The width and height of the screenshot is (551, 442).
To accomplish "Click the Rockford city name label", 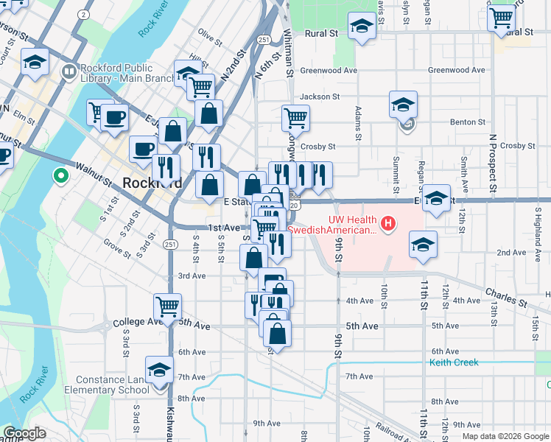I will (x=152, y=183).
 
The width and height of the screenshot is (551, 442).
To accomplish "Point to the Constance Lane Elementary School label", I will (x=106, y=385).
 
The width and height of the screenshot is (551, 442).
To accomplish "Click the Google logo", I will (x=25, y=433).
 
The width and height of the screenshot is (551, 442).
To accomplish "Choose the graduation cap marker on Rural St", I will (x=361, y=27).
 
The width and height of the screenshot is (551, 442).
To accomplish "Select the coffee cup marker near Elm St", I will (x=115, y=117).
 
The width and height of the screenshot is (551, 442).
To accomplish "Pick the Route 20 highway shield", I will (x=295, y=206).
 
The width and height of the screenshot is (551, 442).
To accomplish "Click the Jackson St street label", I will (x=319, y=97).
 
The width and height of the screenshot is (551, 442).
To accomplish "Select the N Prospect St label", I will (x=491, y=158).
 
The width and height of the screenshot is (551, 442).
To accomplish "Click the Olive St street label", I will (x=210, y=38).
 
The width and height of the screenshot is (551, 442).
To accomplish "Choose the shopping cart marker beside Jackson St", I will (x=295, y=116).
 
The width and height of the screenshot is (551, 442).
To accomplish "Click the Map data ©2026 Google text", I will (x=505, y=436).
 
